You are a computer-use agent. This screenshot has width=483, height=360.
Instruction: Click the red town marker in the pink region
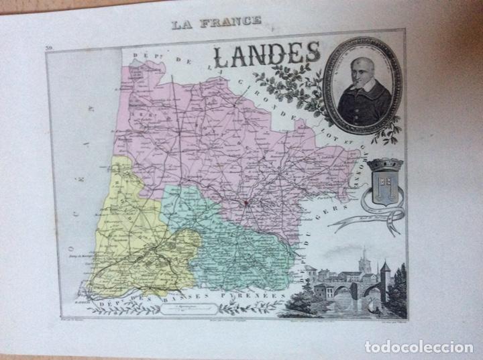tap(246, 201)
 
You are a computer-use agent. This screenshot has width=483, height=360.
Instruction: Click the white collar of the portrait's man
tap(358, 95)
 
